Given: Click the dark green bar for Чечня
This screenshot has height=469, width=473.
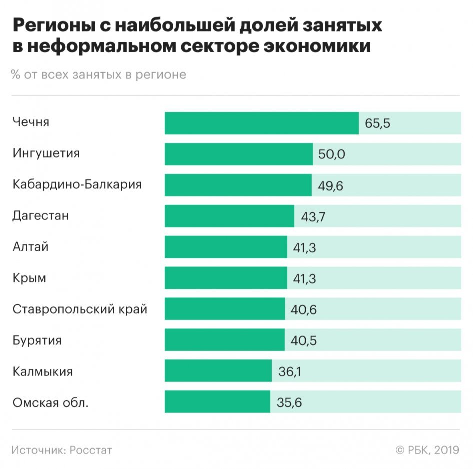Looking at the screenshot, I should [x=261, y=123].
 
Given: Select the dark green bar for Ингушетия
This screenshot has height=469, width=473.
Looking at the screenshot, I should [x=238, y=154].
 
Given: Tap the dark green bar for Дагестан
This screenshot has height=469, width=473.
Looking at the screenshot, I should [x=229, y=216].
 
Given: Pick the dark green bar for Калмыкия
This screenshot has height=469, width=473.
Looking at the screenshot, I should [x=218, y=371].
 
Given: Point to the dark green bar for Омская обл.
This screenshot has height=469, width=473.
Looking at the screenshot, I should [x=217, y=402].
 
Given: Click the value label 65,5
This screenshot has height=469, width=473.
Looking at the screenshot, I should [x=377, y=124].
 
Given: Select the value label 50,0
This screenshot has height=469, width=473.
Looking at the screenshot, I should [x=331, y=154].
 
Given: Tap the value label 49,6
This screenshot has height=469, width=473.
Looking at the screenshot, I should [x=330, y=186].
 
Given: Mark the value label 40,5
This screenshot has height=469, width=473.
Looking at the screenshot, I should [x=303, y=340].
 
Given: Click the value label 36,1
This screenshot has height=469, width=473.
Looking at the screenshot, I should [x=290, y=372].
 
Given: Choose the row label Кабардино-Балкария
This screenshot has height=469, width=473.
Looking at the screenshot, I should [x=77, y=184].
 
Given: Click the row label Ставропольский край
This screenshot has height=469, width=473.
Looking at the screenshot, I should [x=80, y=309].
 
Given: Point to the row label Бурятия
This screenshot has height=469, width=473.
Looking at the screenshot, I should [x=37, y=340].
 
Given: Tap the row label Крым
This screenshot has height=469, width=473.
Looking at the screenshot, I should [x=29, y=278].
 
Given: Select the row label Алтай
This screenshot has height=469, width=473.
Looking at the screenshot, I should [x=31, y=247].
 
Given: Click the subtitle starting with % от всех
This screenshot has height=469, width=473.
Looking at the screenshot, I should [x=99, y=75].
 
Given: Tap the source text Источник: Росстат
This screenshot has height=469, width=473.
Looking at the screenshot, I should [x=62, y=450].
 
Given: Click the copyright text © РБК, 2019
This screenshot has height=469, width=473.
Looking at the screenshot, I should [x=427, y=450].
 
